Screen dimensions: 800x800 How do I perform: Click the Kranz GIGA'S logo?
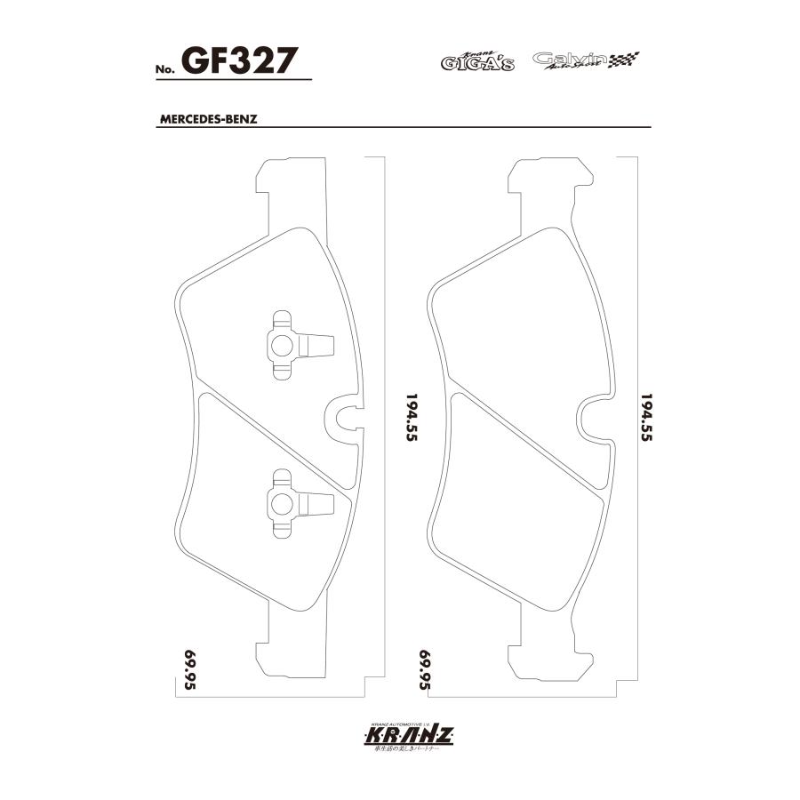coord(478,61)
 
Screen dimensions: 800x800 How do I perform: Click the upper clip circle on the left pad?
coord(282,344)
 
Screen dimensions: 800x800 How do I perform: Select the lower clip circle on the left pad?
coord(282,504)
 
